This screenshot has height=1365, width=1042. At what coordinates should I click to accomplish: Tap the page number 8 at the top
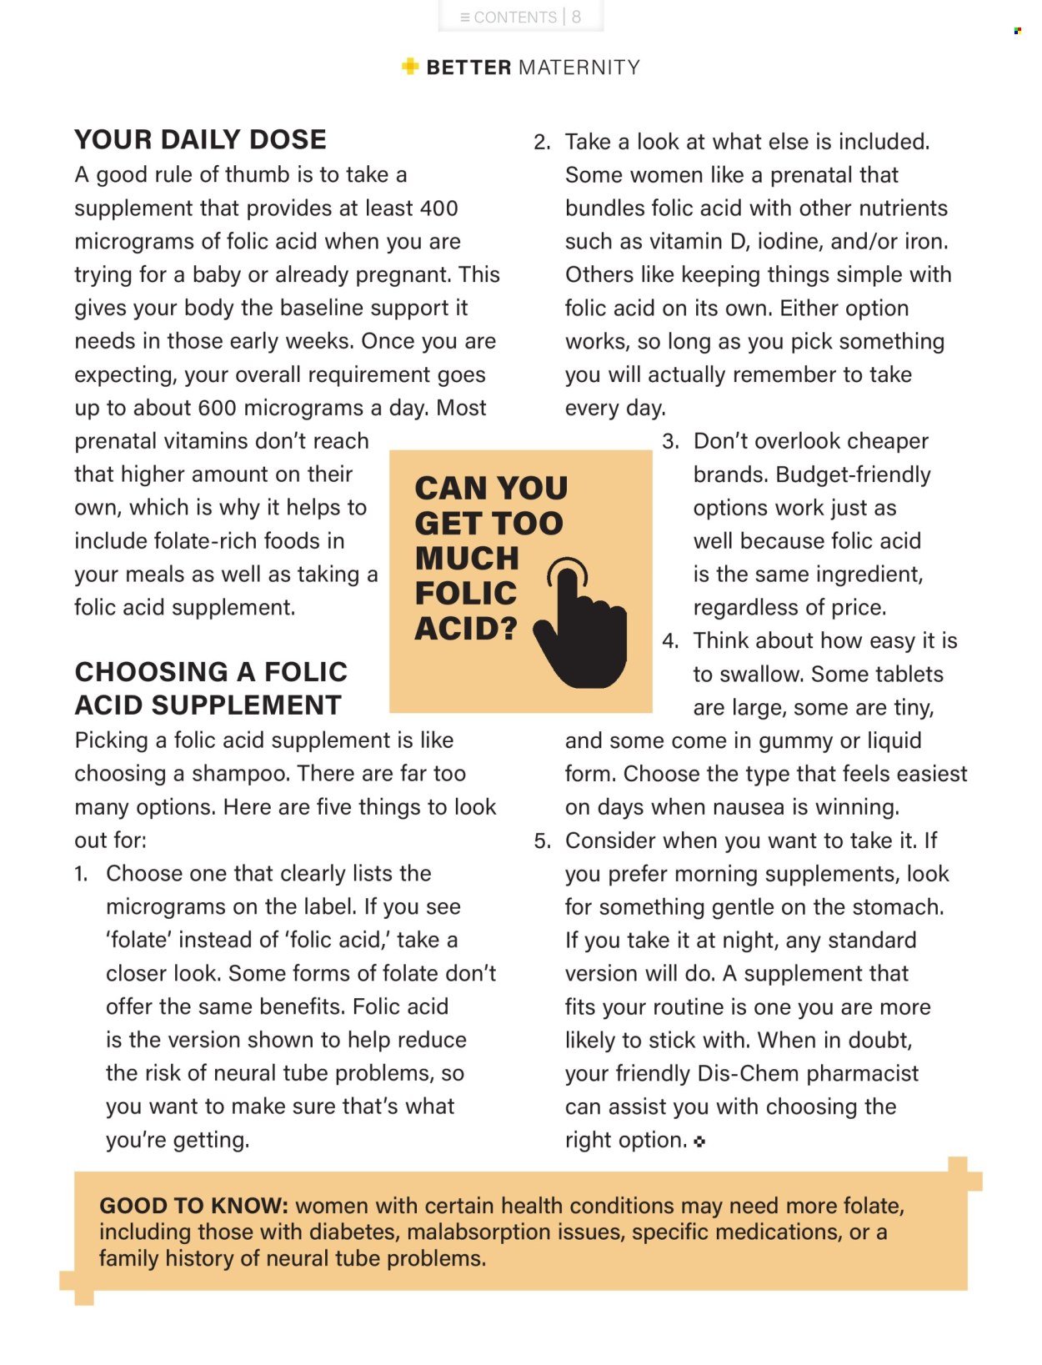(576, 18)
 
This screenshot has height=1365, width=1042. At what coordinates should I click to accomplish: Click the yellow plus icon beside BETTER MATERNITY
(409, 67)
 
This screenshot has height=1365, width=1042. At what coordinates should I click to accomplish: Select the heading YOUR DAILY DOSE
(200, 139)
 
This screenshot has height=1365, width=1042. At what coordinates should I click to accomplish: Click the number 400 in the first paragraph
(438, 208)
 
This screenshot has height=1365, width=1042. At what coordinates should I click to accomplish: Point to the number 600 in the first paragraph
(217, 409)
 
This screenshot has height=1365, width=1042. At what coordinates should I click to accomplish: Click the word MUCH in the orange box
(467, 559)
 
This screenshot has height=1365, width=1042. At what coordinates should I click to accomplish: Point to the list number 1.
(81, 874)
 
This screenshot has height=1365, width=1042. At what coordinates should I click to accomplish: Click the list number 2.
(542, 143)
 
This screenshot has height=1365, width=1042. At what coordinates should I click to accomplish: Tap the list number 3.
(670, 442)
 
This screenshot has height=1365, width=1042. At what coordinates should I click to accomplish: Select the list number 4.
(670, 641)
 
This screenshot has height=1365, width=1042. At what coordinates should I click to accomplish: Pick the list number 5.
(542, 841)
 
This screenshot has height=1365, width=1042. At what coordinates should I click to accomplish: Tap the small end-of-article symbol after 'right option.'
(699, 1142)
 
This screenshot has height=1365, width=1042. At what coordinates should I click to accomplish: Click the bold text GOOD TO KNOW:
(193, 1206)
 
